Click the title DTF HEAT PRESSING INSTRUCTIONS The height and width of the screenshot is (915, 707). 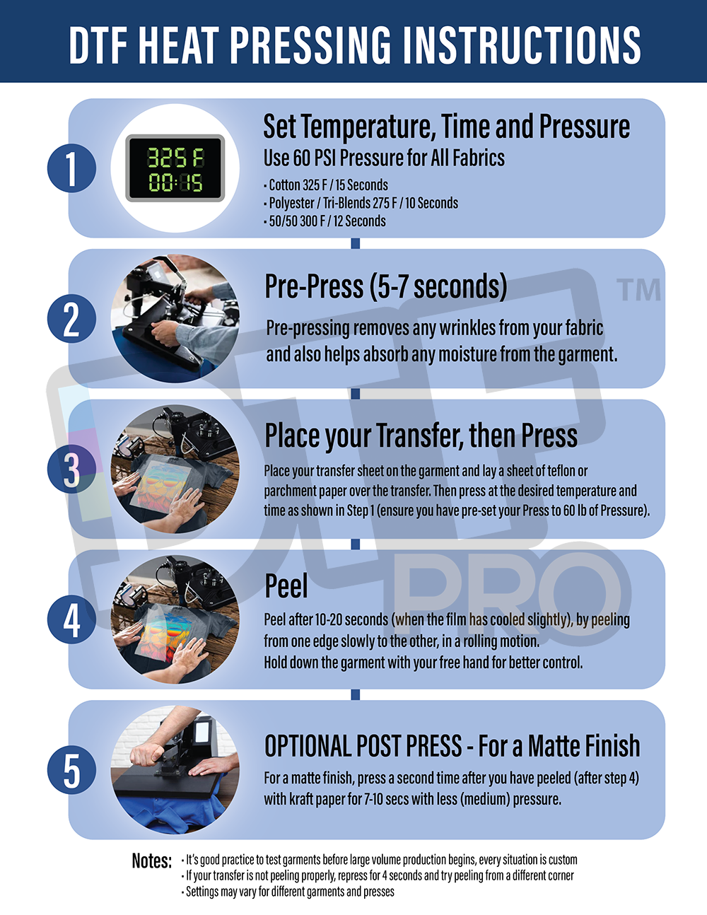(354, 44)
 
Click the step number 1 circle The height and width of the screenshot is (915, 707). (71, 168)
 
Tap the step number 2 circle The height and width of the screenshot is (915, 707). (71, 319)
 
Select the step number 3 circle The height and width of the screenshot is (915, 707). (71, 470)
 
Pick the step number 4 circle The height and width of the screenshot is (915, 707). (71, 620)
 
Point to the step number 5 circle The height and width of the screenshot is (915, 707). (71, 770)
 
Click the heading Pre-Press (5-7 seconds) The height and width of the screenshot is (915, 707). (386, 287)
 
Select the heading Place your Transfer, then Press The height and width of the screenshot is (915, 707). (421, 436)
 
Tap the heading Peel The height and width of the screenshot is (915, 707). (286, 586)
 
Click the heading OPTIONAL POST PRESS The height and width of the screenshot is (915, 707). (452, 746)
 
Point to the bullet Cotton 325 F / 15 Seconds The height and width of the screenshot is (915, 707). (328, 185)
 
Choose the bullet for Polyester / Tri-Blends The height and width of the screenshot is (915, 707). (363, 203)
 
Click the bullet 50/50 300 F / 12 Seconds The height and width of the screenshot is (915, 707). (327, 221)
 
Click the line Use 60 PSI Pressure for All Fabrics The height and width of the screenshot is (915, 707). (384, 158)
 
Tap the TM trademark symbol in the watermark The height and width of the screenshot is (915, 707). (638, 289)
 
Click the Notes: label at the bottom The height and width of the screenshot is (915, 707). (151, 861)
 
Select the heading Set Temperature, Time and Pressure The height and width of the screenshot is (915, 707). (446, 127)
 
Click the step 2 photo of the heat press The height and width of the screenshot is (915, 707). (175, 319)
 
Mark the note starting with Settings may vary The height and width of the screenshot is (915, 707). (290, 892)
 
